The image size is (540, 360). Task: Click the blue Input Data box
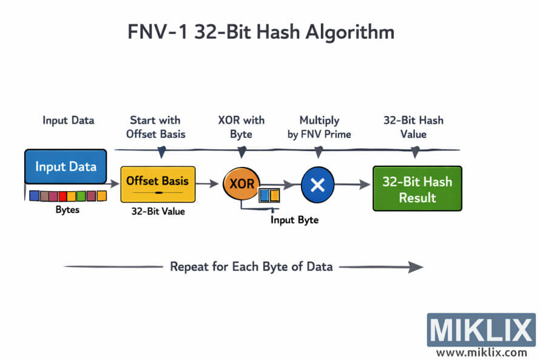coord(66,166)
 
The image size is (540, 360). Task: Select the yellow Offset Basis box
coord(158,184)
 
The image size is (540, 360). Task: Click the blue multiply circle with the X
coord(317,184)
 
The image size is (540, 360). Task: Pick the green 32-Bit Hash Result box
coord(417,188)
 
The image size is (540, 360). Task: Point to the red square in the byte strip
coord(62,196)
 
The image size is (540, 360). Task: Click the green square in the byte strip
coord(81,196)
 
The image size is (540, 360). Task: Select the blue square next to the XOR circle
coord(265,195)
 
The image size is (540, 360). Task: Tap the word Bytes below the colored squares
coord(67,209)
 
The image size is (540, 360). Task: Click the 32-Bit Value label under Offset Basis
coord(158,212)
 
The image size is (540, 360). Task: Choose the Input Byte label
coord(294,220)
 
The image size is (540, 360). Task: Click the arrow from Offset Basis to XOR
coord(208,183)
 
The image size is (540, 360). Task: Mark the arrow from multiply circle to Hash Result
coord(352,184)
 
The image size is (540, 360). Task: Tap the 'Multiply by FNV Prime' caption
coord(319,127)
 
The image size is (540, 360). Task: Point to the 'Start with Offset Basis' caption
coord(159,127)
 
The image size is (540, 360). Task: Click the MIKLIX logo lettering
coord(481,330)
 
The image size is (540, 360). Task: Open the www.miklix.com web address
coord(481,352)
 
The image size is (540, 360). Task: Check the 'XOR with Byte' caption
coord(241,127)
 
